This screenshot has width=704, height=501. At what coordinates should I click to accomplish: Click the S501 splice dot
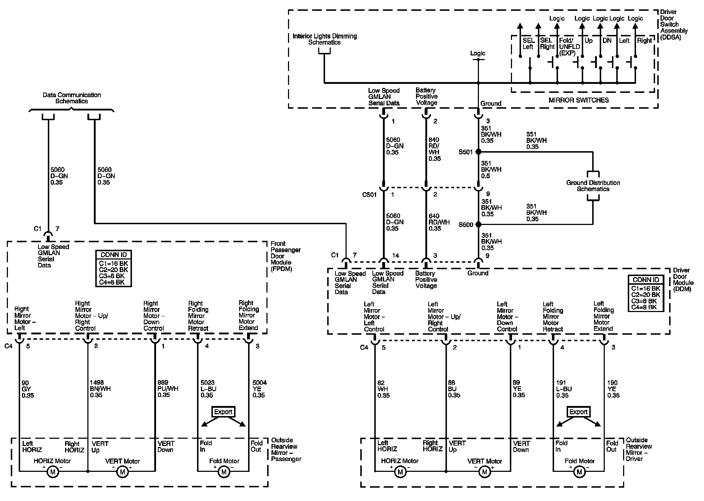478,152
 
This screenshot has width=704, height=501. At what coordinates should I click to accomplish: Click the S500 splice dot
478,224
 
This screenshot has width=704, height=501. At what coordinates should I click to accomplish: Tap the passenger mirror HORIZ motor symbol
52,472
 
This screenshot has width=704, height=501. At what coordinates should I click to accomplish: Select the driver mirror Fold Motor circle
579,471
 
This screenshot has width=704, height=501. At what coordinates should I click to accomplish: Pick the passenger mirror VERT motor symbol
122,472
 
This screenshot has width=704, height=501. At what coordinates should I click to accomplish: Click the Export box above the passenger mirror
223,412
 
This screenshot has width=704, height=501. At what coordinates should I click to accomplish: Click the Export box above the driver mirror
579,412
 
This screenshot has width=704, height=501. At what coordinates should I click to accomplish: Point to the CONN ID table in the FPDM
114,268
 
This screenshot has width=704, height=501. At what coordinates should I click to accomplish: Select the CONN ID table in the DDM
646,293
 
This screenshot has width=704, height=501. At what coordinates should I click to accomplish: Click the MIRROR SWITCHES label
579,100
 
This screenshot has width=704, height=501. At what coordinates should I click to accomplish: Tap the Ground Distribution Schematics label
593,186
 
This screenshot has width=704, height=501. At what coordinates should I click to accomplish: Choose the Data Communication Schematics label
72,98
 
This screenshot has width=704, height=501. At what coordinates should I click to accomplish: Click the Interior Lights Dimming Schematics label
324,39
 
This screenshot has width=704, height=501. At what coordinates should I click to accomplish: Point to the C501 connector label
369,195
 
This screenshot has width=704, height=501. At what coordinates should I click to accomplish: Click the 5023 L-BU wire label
208,389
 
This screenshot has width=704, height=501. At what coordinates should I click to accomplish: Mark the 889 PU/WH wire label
168,389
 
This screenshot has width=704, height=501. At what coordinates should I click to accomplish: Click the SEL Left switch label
528,44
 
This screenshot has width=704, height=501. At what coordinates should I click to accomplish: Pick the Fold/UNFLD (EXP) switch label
569,47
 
